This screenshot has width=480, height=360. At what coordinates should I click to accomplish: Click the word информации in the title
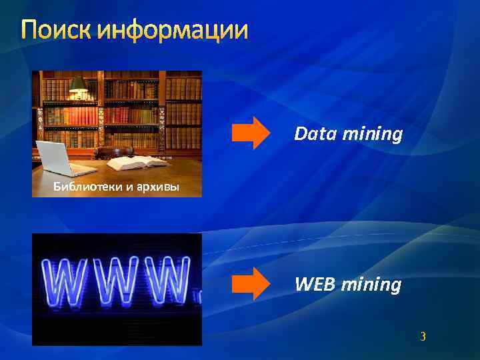(x=173, y=31)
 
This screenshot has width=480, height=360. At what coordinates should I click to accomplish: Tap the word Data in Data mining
(x=315, y=135)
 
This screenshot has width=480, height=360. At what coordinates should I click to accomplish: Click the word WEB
(x=315, y=285)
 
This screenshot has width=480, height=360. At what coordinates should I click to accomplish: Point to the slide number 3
(x=423, y=337)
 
